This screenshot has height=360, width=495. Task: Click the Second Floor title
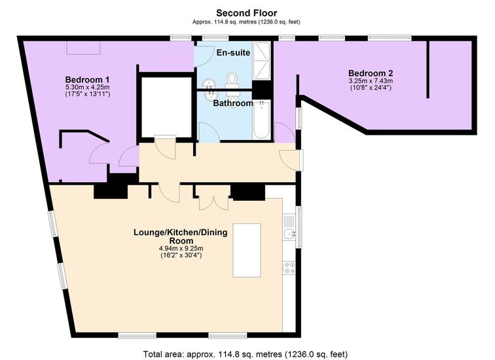(247, 13)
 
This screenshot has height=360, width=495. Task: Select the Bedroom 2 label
(371, 73)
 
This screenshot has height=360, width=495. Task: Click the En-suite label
(233, 52)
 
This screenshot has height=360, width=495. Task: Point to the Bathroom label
(233, 103)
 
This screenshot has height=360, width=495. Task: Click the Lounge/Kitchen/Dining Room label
(181, 236)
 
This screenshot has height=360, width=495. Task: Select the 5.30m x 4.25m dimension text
(88, 87)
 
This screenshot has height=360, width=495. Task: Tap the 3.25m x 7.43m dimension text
(371, 81)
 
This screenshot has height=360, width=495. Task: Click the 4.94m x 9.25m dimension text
(181, 248)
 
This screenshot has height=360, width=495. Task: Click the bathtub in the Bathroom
(261, 120)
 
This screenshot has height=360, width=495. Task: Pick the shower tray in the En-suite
(261, 61)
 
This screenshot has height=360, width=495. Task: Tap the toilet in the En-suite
(232, 80)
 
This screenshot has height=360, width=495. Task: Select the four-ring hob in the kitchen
(289, 268)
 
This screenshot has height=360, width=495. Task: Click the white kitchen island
(247, 250)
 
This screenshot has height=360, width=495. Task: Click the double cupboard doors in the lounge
(214, 202)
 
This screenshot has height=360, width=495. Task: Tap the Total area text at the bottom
(246, 354)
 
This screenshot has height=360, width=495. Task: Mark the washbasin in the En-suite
(208, 83)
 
